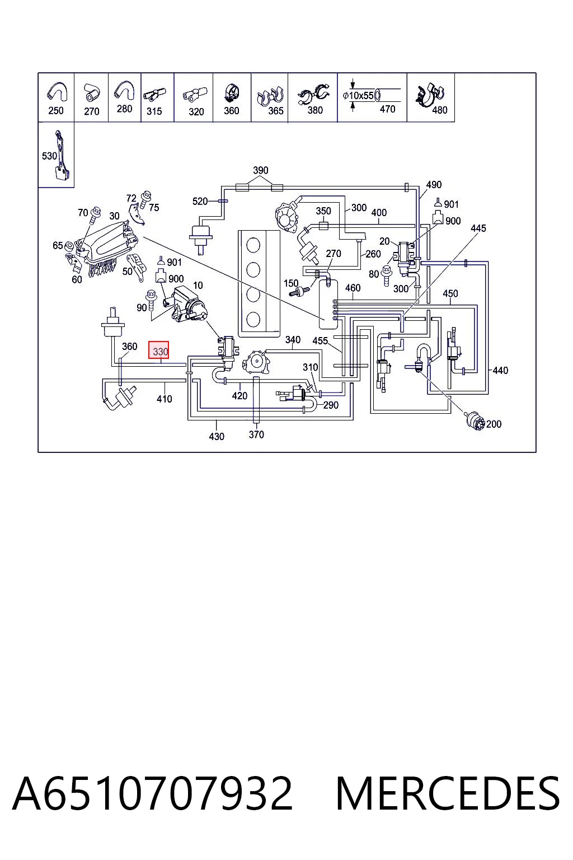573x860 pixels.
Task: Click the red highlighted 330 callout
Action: [158, 350]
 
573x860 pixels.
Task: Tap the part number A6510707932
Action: [152, 793]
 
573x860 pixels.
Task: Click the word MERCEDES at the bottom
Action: [448, 793]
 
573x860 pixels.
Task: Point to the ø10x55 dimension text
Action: [358, 96]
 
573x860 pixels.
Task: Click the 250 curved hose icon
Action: [57, 92]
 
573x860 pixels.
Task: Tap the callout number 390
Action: [261, 170]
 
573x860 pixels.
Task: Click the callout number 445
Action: [478, 228]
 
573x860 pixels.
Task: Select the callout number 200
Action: [494, 424]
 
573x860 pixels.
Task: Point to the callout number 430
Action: [217, 436]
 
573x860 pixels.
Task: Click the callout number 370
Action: [256, 434]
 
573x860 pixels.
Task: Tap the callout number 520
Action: [200, 201]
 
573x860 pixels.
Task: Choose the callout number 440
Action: [500, 370]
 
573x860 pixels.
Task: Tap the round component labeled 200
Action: [473, 421]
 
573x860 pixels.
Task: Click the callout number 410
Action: [165, 399]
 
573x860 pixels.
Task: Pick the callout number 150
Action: [291, 283]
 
